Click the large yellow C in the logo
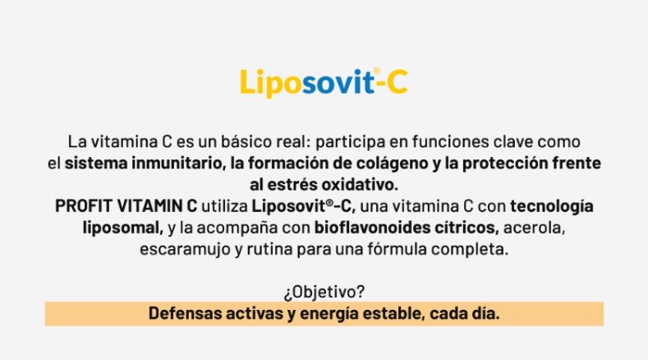tap(398, 82)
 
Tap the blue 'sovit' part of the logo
tap(338, 82)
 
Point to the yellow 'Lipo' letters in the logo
tap(271, 83)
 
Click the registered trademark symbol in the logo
tap(376, 72)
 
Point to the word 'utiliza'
tap(224, 206)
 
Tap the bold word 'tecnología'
tap(552, 206)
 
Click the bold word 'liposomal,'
tap(122, 228)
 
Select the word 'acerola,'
tap(534, 228)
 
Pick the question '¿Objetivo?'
tap(324, 292)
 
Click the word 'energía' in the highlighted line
tap(329, 314)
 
